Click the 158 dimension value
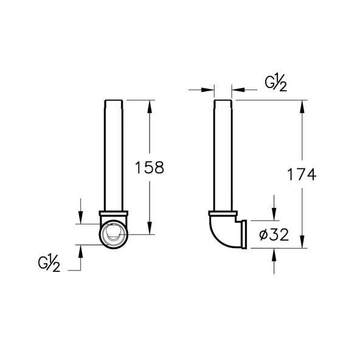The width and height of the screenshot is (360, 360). click(150, 168)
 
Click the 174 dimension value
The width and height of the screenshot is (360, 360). click(302, 175)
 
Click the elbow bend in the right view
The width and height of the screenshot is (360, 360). click(222, 234)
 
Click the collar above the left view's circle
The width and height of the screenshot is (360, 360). click(112, 214)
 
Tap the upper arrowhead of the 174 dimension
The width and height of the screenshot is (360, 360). click(302, 104)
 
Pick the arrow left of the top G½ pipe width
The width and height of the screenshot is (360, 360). click(210, 89)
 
